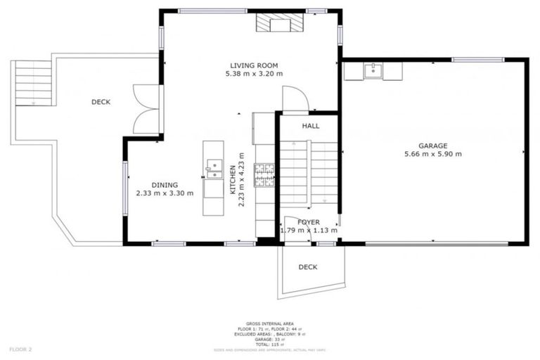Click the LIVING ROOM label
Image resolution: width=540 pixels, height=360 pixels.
253,65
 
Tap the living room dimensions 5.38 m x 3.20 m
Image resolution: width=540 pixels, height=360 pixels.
253,73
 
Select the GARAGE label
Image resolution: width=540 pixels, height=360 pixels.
433,146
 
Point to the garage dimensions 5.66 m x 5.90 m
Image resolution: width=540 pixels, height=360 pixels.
433,154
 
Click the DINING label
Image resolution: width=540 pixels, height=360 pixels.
165,185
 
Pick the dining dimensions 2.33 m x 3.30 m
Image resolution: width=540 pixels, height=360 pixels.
165,193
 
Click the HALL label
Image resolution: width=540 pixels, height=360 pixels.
310,127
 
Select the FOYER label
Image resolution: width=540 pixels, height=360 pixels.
308,222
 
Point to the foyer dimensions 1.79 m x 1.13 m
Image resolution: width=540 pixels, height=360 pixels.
308,230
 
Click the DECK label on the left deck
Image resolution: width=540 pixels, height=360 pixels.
101,102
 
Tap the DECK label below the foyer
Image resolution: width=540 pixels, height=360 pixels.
307,267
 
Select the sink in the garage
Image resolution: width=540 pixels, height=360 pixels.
372,70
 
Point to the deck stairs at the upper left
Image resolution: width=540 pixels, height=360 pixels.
34,82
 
